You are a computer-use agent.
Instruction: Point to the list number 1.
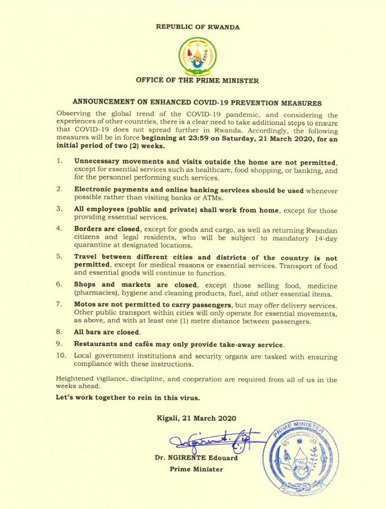click(59, 158)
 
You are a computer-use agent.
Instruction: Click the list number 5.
click(59, 256)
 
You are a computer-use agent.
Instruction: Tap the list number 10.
click(61, 354)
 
